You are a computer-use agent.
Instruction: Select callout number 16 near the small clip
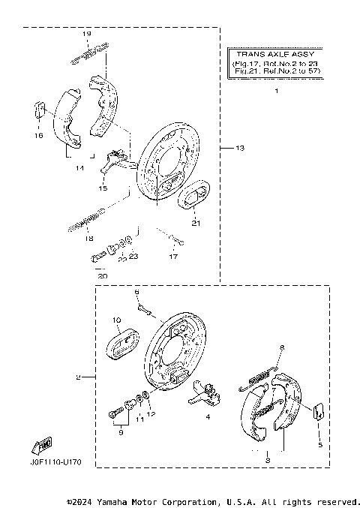coord(38,136)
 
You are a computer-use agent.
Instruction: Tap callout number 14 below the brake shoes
coord(78,168)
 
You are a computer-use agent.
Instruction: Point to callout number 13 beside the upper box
coord(239,149)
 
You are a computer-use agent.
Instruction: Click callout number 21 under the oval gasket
coord(196,223)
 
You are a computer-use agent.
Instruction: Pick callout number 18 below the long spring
coord(88,239)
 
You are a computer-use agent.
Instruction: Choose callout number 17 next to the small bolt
coord(172,257)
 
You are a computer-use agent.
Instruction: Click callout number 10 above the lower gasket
coord(117,320)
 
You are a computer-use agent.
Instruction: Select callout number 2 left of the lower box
coord(77,377)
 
